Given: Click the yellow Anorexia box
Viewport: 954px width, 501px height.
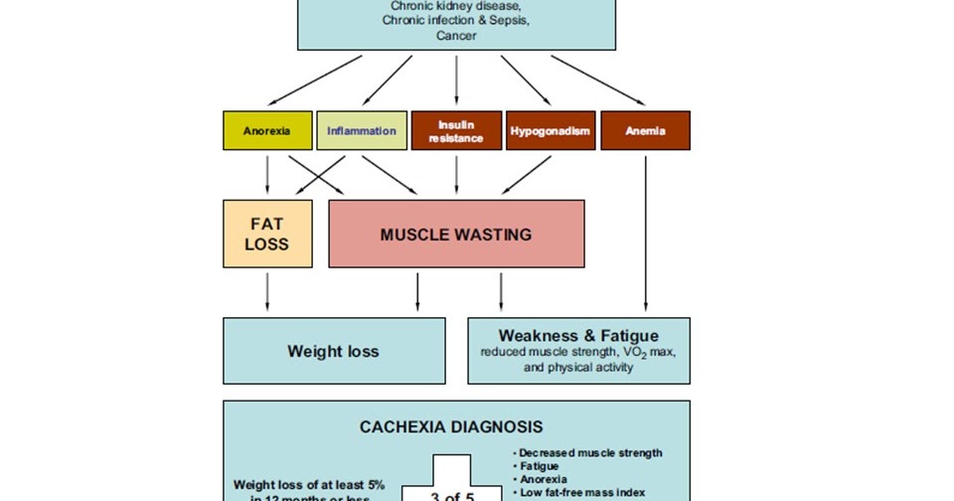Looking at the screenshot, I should (267, 130).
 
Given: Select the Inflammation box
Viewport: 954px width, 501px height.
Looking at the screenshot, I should (361, 130).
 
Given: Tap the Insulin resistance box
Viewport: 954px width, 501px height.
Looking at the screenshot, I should (456, 130).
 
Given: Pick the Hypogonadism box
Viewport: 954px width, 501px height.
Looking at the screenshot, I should (551, 130).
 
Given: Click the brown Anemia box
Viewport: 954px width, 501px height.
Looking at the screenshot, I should (645, 130).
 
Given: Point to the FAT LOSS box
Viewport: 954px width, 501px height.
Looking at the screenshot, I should (266, 234).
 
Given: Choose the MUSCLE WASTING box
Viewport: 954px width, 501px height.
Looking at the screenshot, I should (456, 235).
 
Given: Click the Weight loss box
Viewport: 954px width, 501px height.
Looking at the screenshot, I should (333, 351).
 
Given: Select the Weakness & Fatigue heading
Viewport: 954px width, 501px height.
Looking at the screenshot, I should (578, 335).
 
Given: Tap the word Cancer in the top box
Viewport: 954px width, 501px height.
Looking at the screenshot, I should (456, 36).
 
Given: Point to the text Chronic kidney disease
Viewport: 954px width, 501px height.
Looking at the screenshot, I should (456, 6).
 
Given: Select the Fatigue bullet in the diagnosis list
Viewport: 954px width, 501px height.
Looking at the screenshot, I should (538, 465).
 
